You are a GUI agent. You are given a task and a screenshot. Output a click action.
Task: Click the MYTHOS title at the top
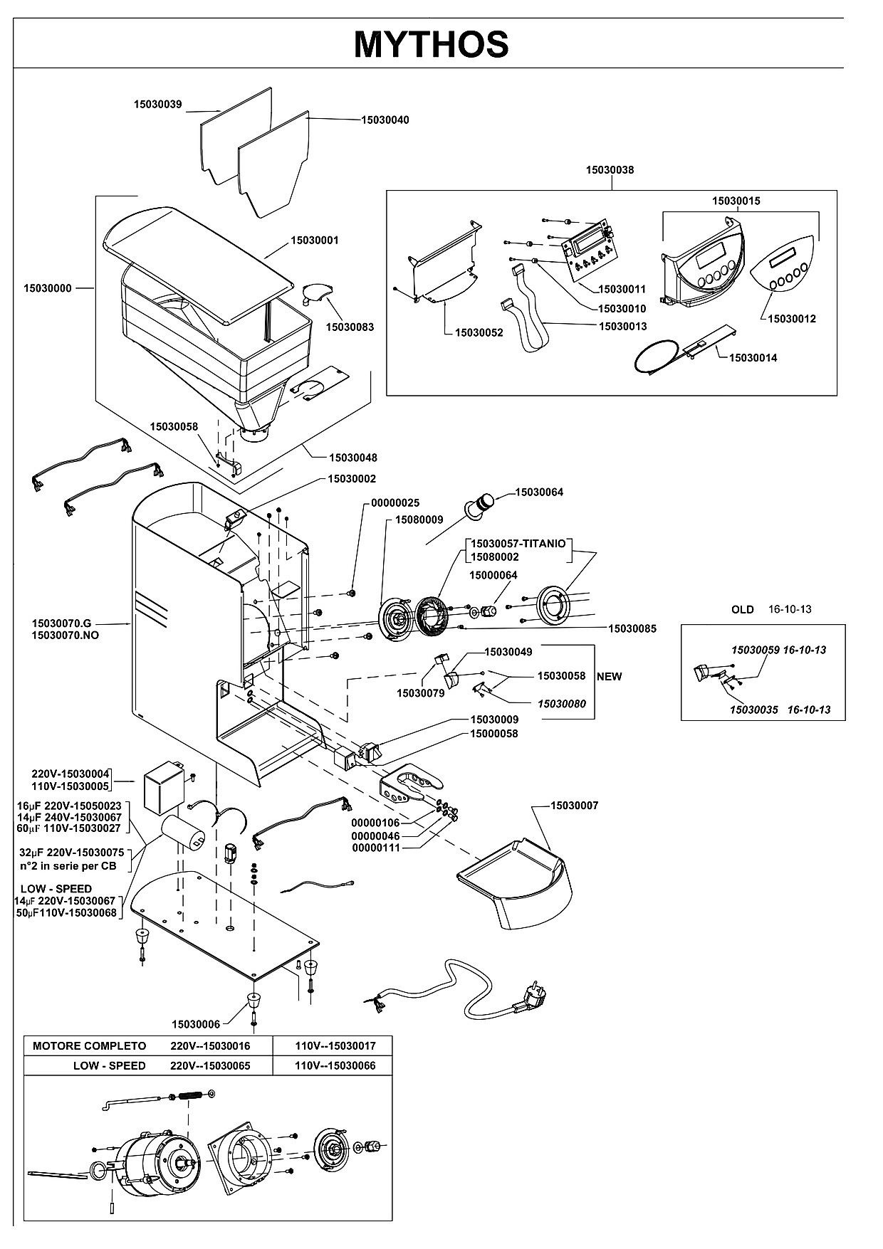pyautogui.click(x=431, y=44)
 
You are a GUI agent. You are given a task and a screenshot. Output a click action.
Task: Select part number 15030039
pyautogui.click(x=158, y=105)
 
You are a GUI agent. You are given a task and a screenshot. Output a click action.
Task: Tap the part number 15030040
pyautogui.click(x=385, y=120)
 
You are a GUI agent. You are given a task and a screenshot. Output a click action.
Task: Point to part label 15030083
pyautogui.click(x=350, y=327)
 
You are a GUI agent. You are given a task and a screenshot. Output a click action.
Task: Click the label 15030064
pyautogui.click(x=539, y=492)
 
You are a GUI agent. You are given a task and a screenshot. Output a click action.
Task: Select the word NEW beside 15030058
pyautogui.click(x=610, y=676)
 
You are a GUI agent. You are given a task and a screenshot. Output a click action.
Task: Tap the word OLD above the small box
pyautogui.click(x=743, y=609)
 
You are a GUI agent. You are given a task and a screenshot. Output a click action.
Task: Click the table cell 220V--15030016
pyautogui.click(x=211, y=1045)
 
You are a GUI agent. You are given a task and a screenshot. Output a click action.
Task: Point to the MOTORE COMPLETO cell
pyautogui.click(x=90, y=1045)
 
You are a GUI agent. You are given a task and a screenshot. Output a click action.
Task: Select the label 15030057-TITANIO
pyautogui.click(x=518, y=544)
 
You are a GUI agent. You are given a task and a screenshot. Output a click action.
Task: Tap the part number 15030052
pyautogui.click(x=479, y=332)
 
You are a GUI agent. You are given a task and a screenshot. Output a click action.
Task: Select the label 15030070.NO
pyautogui.click(x=66, y=635)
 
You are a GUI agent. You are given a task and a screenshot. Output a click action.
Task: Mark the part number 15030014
pyautogui.click(x=753, y=357)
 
